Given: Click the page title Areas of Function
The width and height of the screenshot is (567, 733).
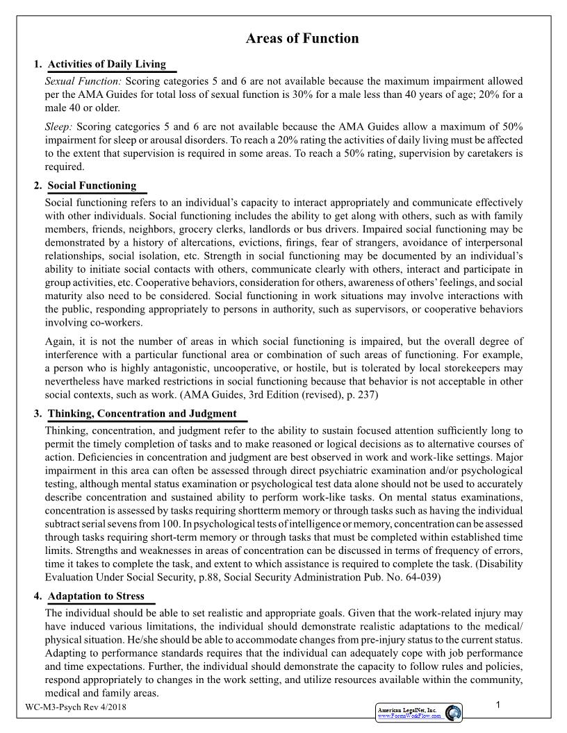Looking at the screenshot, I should click(x=302, y=39).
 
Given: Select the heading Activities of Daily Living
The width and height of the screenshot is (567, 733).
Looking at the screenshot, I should click(x=107, y=65).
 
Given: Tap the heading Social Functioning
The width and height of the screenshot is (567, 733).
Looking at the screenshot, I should click(x=92, y=186).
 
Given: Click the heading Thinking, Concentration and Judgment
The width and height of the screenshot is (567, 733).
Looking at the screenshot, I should click(x=142, y=414).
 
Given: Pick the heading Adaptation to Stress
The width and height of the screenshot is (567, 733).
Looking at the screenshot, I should click(x=96, y=596).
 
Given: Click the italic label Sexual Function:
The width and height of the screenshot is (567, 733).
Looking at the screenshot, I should click(x=83, y=81).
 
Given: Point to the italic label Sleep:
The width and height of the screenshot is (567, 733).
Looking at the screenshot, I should click(x=58, y=127).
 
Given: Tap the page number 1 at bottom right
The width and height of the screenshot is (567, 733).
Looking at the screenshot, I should click(x=499, y=705).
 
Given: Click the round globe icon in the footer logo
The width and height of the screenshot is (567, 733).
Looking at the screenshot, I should click(x=454, y=713).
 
